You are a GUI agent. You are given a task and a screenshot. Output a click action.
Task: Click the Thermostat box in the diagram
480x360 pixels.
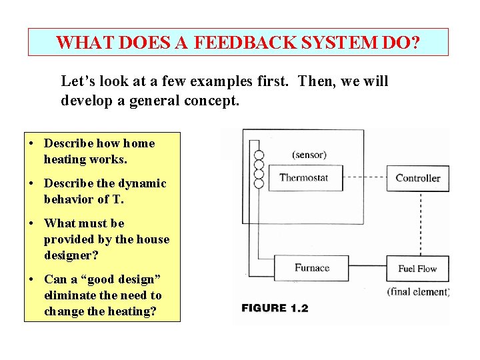coord(304,178)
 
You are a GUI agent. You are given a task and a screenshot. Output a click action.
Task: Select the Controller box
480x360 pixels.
coord(418,178)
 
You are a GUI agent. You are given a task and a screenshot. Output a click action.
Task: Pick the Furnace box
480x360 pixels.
coord(311,268)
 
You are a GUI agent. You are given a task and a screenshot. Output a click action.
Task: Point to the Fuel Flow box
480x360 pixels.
coord(418,269)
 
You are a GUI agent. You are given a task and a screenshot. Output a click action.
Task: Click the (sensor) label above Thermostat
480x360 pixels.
coord(309,155)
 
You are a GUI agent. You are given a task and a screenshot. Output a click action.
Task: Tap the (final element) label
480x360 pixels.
coord(418,291)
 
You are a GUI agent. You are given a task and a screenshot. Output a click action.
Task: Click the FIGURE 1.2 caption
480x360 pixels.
coord(275,308)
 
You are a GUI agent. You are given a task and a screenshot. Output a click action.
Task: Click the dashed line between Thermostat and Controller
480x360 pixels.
coord(366,178)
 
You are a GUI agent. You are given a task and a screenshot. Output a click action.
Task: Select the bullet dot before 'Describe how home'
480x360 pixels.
coord(32,143)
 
